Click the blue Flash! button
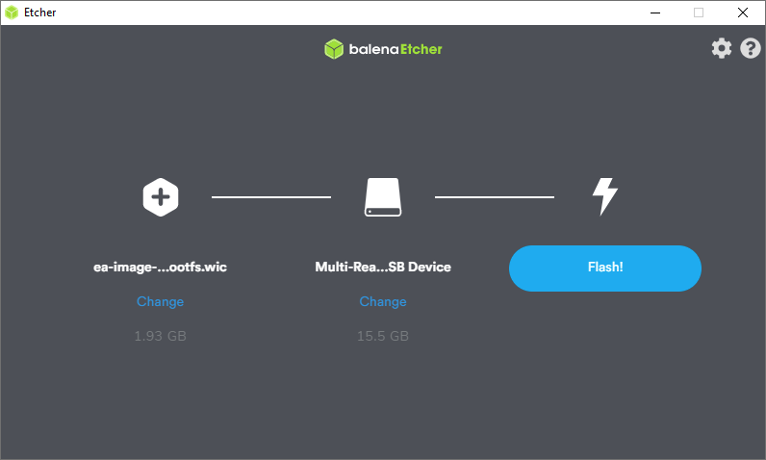pos(604,268)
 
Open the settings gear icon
pos(722,48)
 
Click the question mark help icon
pos(751,48)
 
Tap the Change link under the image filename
pos(161,302)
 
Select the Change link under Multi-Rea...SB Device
pos(383,302)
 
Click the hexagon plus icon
pos(161,197)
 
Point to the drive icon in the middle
pos(383,196)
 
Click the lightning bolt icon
pos(605,196)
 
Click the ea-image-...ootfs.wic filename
pos(161,268)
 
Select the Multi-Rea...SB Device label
pos(383,268)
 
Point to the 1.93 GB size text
pos(161,336)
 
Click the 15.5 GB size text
pos(383,336)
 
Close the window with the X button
pos(743,13)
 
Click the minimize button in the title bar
pos(655,13)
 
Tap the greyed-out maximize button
pos(699,13)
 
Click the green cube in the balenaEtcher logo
pos(334,49)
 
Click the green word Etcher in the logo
pos(421,49)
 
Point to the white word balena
pos(373,49)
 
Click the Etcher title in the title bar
pos(40,13)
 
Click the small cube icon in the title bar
pos(12,13)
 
